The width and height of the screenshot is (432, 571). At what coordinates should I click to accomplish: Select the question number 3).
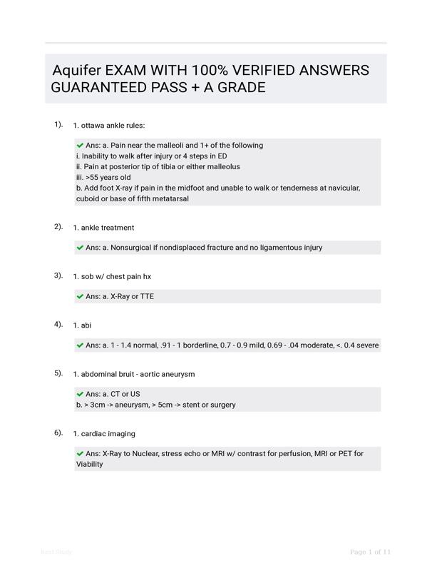(x=58, y=276)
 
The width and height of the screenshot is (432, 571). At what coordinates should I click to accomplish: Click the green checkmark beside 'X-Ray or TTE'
(x=81, y=296)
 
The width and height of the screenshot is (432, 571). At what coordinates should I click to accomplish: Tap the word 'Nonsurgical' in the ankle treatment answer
(x=133, y=248)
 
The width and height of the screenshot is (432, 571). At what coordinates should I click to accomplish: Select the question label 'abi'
(x=86, y=325)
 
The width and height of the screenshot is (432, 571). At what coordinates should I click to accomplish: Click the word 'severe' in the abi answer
(x=366, y=345)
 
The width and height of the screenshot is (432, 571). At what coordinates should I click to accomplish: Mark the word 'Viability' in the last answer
(x=90, y=464)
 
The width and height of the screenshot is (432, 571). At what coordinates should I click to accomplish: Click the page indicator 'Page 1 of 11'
(x=371, y=552)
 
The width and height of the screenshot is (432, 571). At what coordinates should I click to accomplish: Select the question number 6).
(x=58, y=433)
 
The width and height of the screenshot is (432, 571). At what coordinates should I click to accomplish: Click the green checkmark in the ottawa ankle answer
(x=81, y=146)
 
